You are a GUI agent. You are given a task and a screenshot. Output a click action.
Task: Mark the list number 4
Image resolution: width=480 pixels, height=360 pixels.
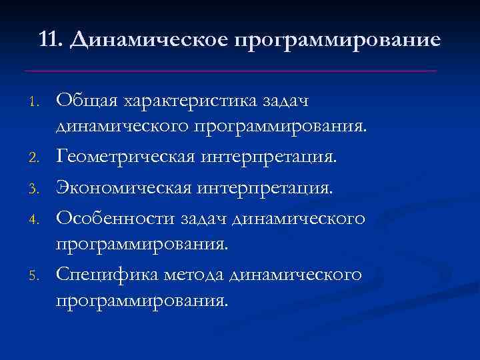tap(39, 219)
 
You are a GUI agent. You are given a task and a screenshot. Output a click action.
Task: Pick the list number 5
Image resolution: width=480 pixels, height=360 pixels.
tap(39, 275)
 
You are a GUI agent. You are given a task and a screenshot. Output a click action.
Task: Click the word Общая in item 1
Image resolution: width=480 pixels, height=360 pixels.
tap(84, 101)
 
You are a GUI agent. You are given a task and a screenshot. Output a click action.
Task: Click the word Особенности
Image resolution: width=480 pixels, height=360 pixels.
tap(111, 217)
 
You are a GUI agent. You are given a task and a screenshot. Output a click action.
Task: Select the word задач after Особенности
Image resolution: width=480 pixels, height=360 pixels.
tap(197, 217)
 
